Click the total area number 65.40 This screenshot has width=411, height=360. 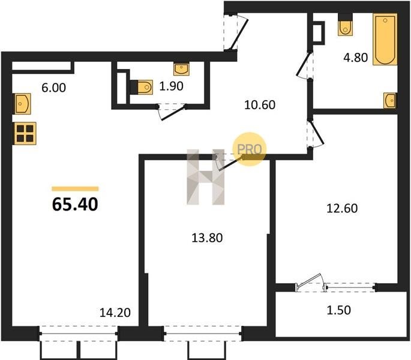(75, 205)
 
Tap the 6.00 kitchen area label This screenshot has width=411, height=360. (54, 88)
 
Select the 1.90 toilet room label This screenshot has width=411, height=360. (171, 86)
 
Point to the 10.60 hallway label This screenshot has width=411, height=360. (260, 105)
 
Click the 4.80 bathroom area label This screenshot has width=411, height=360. (356, 58)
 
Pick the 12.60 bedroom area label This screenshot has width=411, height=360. (342, 208)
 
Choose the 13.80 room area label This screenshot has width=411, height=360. (207, 238)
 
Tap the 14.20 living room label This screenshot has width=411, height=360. (115, 313)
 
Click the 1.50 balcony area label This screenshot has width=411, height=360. (338, 310)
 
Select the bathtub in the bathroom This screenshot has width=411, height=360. (385, 40)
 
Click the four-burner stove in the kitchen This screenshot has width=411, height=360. (25, 133)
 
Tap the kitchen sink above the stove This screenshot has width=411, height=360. (22, 104)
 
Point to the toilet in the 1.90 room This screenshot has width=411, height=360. (142, 87)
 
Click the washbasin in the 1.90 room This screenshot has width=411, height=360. (181, 69)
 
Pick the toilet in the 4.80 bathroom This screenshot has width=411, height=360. (345, 25)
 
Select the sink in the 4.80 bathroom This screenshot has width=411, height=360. (390, 100)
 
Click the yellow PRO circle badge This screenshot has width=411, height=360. (250, 149)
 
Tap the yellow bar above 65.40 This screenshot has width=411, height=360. (75, 189)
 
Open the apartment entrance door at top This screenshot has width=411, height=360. (236, 32)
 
